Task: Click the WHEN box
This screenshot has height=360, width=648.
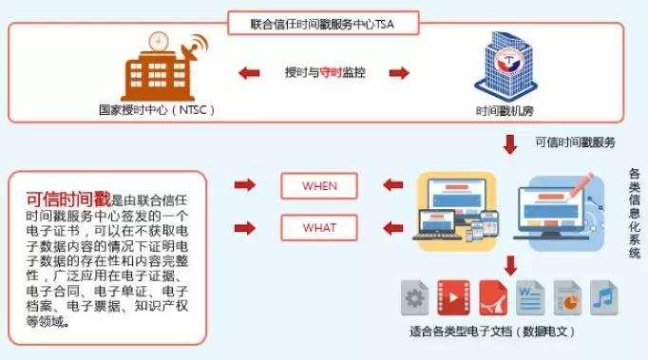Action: tap(320, 185)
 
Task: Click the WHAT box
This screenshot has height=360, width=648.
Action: tap(320, 228)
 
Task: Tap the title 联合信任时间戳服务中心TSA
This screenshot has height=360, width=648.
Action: tap(325, 21)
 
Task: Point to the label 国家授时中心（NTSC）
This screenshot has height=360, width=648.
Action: tap(158, 110)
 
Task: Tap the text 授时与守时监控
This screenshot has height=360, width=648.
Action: tap(324, 71)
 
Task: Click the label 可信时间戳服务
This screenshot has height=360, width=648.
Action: tap(576, 142)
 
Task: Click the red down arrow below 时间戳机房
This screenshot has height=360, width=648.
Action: tap(510, 143)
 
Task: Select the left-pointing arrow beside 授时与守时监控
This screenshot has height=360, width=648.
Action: tap(250, 72)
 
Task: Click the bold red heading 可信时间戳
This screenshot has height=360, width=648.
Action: tap(68, 199)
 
